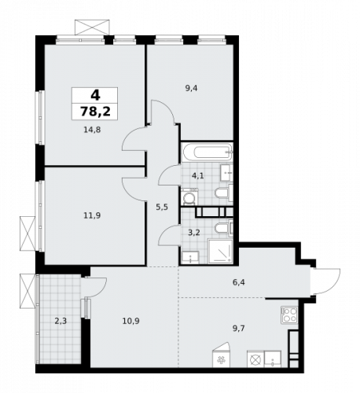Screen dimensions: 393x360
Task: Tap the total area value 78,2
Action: coord(94,110)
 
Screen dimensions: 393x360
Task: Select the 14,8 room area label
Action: coord(92,132)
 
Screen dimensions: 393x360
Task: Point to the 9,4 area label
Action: coord(191,89)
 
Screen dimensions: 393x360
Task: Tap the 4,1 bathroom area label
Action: coord(198,176)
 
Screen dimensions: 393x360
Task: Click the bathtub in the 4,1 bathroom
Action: coord(206,152)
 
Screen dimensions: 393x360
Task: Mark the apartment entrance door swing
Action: coord(326,279)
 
